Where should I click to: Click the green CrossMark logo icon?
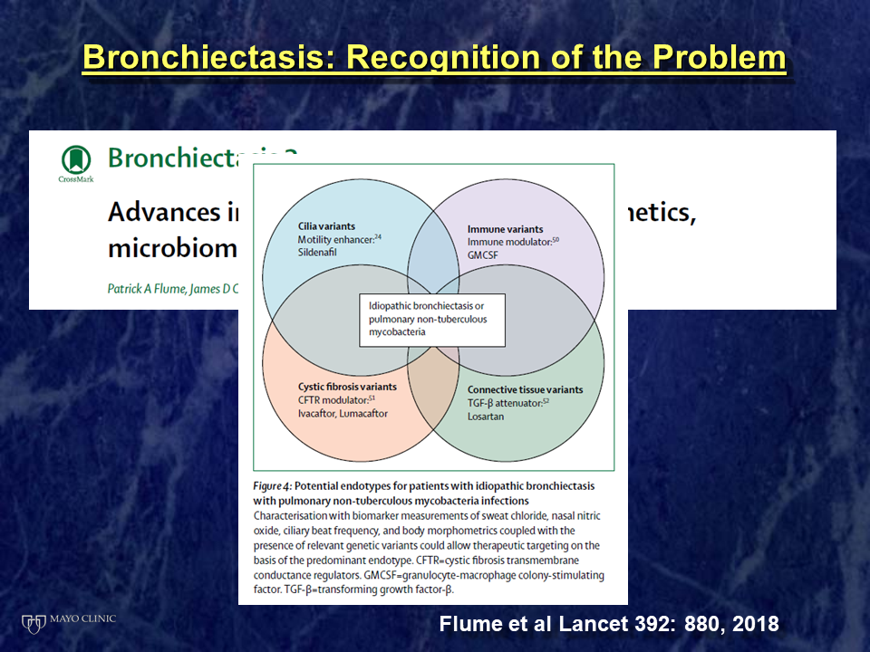point(76,162)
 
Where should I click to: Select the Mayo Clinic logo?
point(69,621)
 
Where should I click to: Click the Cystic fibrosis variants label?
point(347,386)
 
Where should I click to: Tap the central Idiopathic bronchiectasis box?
point(431,319)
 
